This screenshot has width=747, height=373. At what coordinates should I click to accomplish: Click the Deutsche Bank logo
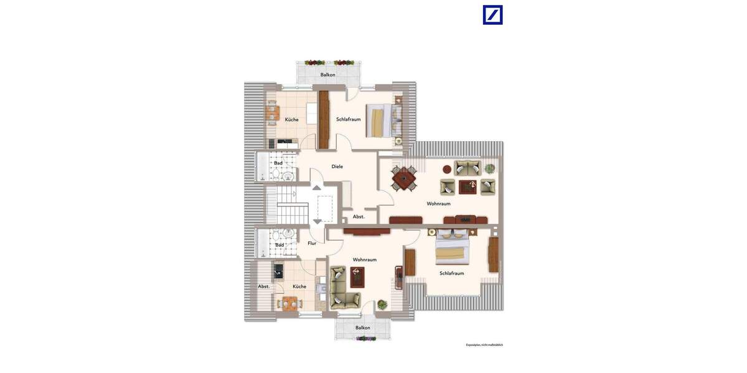tap(492, 15)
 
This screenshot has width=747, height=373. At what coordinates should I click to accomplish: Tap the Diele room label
tap(337, 167)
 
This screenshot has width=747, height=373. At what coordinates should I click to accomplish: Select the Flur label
tap(312, 243)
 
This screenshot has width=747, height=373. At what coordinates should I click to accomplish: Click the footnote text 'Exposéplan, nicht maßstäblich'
tap(484, 344)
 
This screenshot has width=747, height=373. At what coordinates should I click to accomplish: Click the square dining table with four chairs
tap(405, 180)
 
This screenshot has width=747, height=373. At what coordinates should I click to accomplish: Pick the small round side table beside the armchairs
tap(447, 168)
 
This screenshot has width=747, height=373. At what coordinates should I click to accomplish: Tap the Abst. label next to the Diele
tap(359, 217)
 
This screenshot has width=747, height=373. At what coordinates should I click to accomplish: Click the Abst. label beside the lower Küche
tap(264, 287)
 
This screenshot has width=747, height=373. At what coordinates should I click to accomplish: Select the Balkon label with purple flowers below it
tap(362, 328)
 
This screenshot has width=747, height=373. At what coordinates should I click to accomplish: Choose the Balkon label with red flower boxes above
tap(327, 75)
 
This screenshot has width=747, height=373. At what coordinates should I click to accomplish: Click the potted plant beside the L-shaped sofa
tap(382, 305)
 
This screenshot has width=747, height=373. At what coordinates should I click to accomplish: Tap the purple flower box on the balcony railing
tap(366, 339)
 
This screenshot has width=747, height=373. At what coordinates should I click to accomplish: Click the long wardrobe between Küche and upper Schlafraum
tap(323, 120)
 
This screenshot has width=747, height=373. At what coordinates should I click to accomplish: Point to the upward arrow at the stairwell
tap(317, 187)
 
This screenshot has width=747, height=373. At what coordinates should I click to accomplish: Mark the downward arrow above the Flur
tap(317, 221)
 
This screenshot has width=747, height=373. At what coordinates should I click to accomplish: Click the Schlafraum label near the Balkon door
tap(348, 119)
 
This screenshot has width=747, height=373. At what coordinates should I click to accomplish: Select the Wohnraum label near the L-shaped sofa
tap(364, 260)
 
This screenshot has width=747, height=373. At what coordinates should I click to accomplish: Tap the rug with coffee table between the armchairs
tap(467, 186)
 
